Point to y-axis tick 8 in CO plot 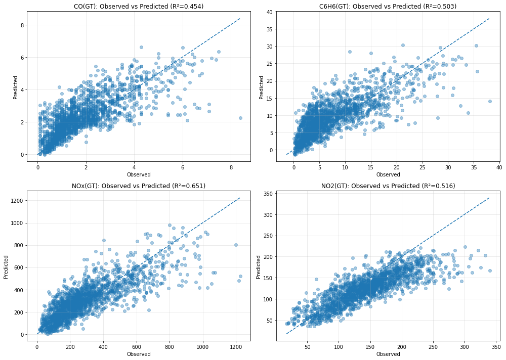[x=22, y=25]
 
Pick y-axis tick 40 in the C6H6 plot [x=268, y=12]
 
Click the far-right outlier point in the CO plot [x=240, y=118]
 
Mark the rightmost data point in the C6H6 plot [x=490, y=101]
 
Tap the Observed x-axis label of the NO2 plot [x=388, y=354]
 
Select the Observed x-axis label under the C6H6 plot [x=388, y=174]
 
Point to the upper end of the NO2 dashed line [x=489, y=198]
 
